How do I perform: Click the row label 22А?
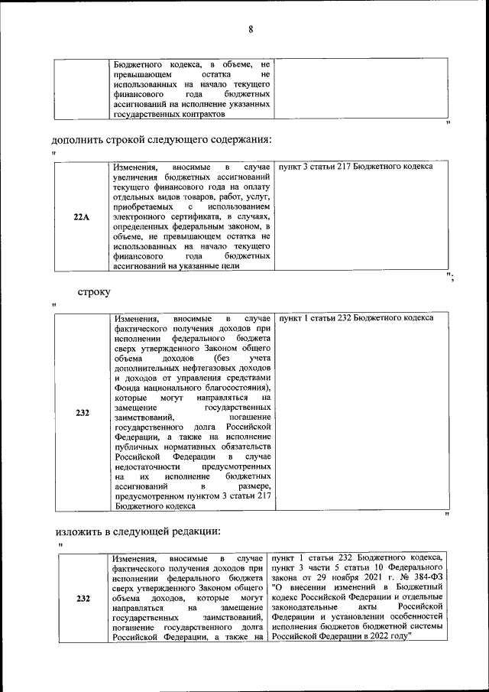tap(82, 217)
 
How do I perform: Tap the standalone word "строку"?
tap(94, 291)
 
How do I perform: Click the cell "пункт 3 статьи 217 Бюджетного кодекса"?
tap(355, 167)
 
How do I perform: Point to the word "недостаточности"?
tap(147, 466)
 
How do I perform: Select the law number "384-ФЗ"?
tap(427, 576)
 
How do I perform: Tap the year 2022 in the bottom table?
tap(387, 635)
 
